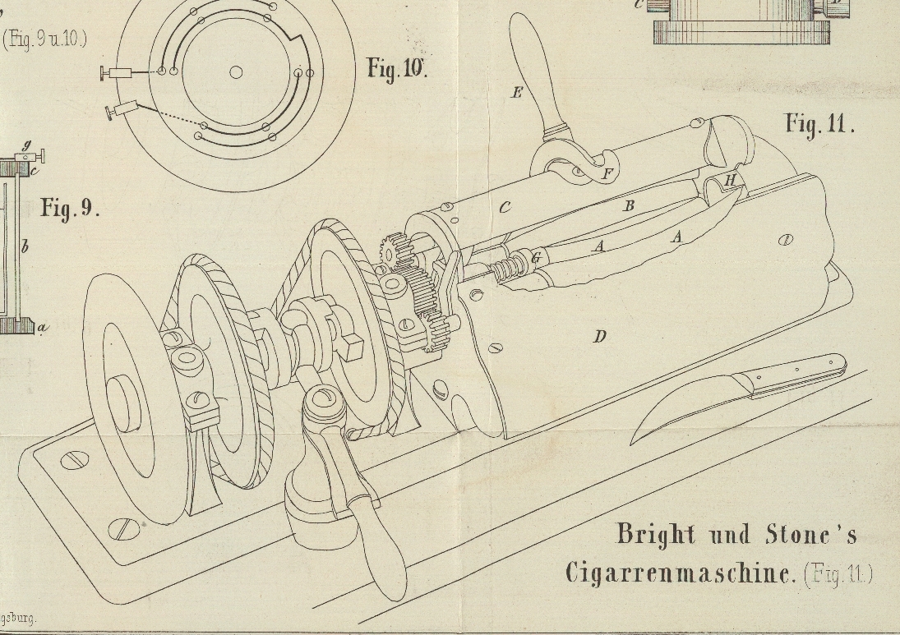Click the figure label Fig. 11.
point(819,125)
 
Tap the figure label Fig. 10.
point(397,68)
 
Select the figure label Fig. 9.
point(70,208)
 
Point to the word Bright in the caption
point(655,535)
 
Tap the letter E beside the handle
point(516,93)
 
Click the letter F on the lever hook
point(607,173)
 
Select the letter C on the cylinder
point(505,208)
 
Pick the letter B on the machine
point(629,206)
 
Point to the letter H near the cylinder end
point(730,181)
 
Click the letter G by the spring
point(536,259)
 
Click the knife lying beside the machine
point(740,393)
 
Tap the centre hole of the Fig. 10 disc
point(236,72)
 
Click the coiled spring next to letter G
point(510,268)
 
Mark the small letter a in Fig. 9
point(43,327)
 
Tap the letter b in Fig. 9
point(25,245)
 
